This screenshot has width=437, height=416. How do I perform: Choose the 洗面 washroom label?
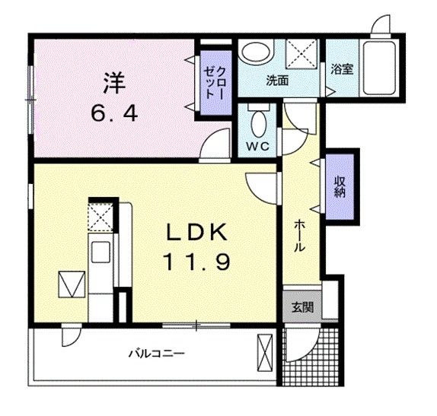pos(276,79)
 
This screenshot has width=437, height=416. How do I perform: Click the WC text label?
pos(257,146)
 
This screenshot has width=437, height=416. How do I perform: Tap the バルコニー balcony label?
pos(157,353)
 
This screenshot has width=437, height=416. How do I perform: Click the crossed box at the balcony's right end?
pos(266,354)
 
